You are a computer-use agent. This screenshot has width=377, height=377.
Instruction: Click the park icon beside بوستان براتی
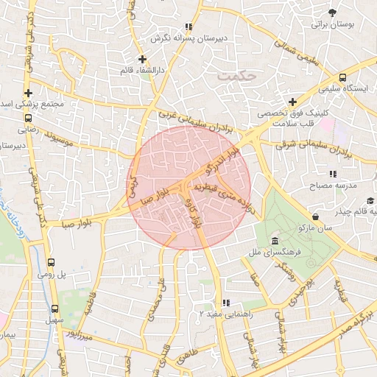334,13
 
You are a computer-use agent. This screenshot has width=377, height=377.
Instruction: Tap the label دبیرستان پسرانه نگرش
190,37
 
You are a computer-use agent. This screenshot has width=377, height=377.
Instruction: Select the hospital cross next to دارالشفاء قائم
142,59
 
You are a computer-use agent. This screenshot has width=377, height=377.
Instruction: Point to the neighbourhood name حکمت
237,75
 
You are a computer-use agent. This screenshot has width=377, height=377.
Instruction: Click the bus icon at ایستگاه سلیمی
342,77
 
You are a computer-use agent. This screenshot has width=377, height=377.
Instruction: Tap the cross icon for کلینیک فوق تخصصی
292,102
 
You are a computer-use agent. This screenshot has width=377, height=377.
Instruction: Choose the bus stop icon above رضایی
28,117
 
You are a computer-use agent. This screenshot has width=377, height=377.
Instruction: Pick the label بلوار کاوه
197,211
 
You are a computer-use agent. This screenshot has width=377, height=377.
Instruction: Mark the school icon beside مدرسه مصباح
333,174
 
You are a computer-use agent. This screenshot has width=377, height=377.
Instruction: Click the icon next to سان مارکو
316,217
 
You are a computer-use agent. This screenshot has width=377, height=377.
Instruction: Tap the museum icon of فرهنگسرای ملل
275,242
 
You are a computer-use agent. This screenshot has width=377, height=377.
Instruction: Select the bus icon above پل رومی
52,261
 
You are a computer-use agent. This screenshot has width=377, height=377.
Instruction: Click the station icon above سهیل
55,309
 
